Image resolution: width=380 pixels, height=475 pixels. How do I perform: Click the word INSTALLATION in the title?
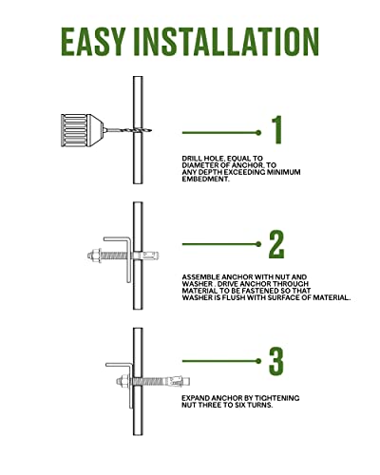click(226, 42)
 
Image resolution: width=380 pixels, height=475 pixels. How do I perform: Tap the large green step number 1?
click(277, 130)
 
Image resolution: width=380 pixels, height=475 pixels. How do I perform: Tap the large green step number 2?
click(276, 244)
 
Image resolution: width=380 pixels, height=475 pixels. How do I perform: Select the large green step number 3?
click(276, 361)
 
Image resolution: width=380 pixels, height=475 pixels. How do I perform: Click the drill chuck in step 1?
click(82, 130)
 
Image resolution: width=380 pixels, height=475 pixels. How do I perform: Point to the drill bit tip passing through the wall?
click(150, 130)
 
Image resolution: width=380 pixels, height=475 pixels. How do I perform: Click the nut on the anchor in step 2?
click(95, 255)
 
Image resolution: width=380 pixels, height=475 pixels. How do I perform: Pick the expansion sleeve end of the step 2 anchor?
click(151, 256)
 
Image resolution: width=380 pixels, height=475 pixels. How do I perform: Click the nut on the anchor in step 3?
click(123, 382)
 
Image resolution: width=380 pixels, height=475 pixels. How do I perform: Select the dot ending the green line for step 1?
click(258, 133)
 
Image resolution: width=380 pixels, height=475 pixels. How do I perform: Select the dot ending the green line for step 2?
click(258, 244)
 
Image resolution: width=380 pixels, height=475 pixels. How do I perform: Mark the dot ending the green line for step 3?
click(258, 361)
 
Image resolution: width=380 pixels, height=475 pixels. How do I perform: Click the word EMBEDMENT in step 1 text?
click(205, 180)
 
